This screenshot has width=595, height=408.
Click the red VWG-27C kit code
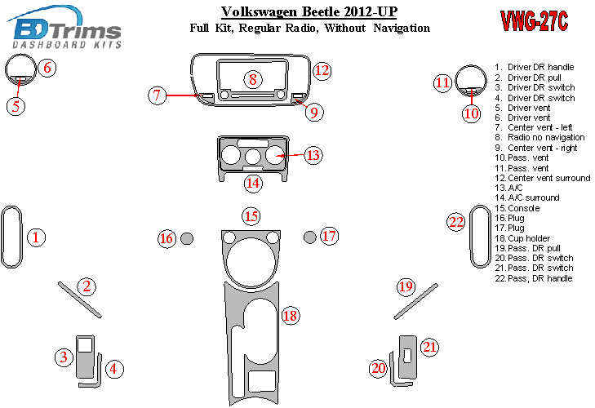pyautogui.click(x=535, y=20)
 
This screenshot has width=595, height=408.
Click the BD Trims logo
pyautogui.click(x=64, y=27)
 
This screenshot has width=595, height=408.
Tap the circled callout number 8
pyautogui.click(x=253, y=79)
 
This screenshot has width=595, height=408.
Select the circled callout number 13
pyautogui.click(x=313, y=155)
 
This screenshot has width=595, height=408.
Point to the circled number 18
pyautogui.click(x=291, y=316)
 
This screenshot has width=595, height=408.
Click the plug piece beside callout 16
pyautogui.click(x=187, y=238)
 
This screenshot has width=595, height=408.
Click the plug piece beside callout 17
pyautogui.click(x=309, y=237)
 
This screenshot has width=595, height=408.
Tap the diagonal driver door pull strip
pyautogui.click(x=80, y=299)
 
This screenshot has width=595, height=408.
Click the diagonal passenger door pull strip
pyautogui.click(x=416, y=301)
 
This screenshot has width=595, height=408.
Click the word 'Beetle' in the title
pyautogui.click(x=322, y=11)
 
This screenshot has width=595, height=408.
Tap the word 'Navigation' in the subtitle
pyautogui.click(x=402, y=28)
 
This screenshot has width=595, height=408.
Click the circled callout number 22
pyautogui.click(x=455, y=222)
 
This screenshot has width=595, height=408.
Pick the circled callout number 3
pyautogui.click(x=64, y=357)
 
